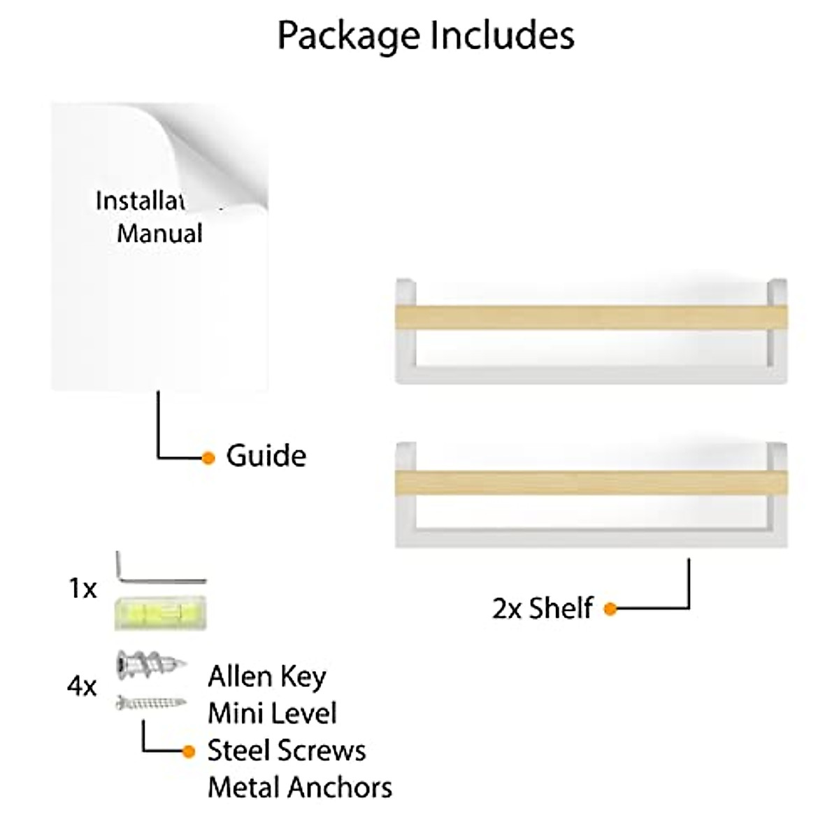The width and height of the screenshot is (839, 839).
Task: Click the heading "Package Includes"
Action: tap(426, 36)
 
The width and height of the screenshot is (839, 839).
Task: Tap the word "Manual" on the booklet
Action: tap(159, 233)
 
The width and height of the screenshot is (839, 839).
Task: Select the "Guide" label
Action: tap(266, 456)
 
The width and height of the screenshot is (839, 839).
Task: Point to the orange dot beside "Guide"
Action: tap(208, 458)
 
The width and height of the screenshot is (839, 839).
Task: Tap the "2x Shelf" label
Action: tap(543, 608)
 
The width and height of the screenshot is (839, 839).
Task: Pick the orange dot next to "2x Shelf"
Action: tap(610, 609)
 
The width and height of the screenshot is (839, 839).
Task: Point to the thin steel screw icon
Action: tap(151, 702)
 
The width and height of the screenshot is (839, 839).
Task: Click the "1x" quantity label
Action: tap(83, 589)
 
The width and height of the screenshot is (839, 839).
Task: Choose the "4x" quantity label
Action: tap(82, 687)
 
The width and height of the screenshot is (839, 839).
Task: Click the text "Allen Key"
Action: tap(267, 677)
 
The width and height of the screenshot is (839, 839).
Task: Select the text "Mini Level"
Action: tap(272, 714)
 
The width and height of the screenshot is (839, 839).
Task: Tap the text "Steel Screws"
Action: tap(287, 751)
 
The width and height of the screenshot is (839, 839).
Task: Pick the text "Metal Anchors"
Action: tap(300, 788)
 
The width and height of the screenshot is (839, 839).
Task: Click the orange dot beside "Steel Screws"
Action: tap(188, 752)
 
